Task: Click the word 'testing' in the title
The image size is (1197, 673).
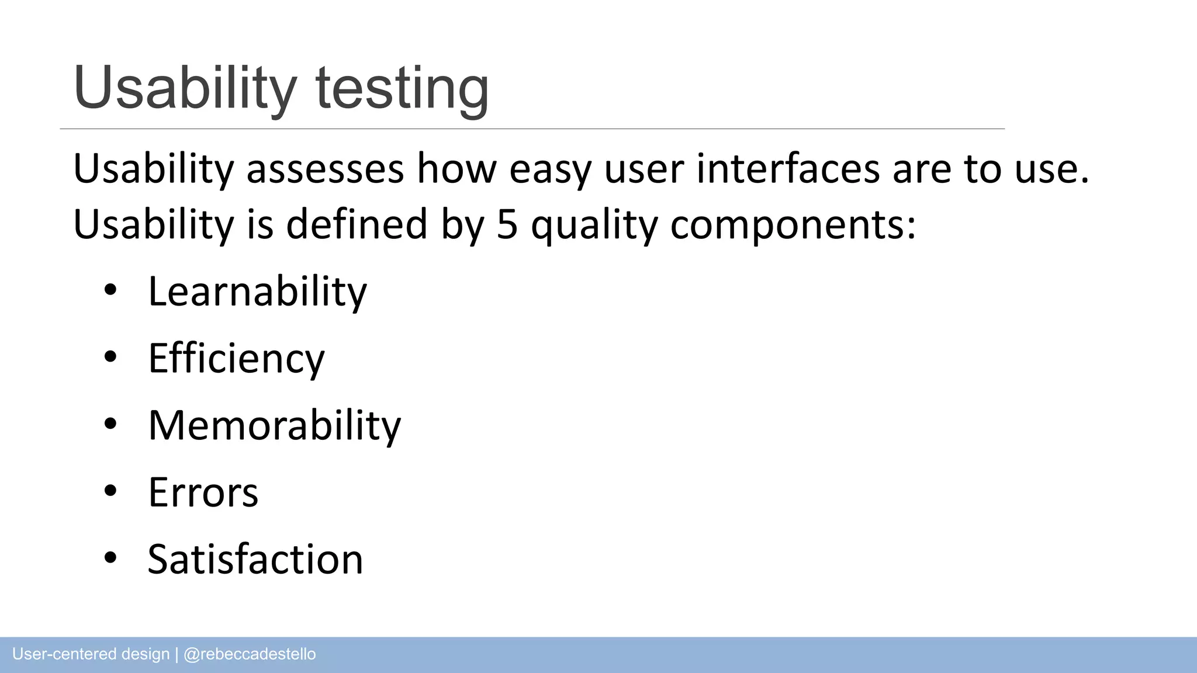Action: pyautogui.click(x=402, y=89)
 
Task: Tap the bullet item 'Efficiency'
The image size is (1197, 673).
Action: pyautogui.click(x=236, y=358)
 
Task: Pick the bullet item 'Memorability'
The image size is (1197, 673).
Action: pyautogui.click(x=274, y=425)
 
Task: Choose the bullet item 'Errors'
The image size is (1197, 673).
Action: pyautogui.click(x=203, y=492)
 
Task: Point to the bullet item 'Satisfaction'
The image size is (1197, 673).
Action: pyautogui.click(x=255, y=560)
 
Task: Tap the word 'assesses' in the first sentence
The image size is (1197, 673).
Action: pyautogui.click(x=325, y=169)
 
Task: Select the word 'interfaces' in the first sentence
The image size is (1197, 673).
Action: pyautogui.click(x=788, y=169)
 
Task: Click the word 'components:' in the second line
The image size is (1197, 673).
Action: pyautogui.click(x=793, y=226)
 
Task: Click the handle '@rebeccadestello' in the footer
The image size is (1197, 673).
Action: pyautogui.click(x=250, y=654)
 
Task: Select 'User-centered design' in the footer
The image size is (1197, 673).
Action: pyautogui.click(x=91, y=654)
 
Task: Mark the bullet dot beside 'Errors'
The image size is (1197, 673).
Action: pyautogui.click(x=110, y=491)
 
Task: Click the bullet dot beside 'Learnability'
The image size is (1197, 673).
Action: pyautogui.click(x=110, y=290)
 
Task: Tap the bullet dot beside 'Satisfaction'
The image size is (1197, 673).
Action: pyautogui.click(x=110, y=558)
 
